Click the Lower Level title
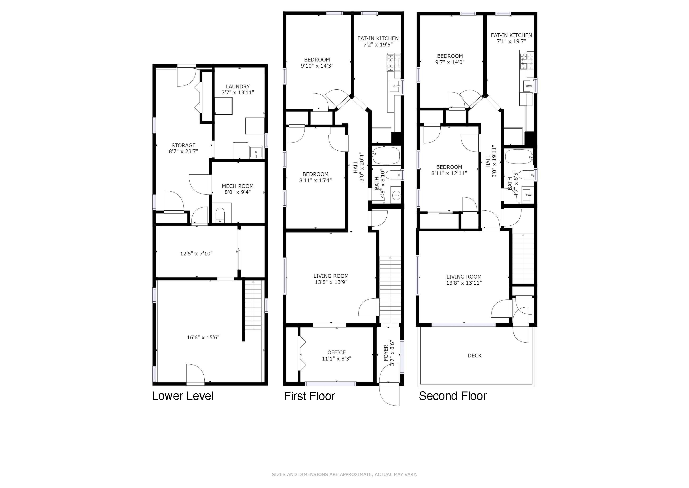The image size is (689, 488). [x=182, y=396]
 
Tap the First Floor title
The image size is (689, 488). [x=309, y=396]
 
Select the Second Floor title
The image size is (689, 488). [x=453, y=396]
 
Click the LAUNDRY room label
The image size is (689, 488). [x=238, y=86]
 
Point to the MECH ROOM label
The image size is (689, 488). [x=238, y=186]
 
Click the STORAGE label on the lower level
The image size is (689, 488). [x=183, y=145]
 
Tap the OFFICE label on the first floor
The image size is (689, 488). [x=336, y=352]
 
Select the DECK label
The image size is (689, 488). [x=474, y=356]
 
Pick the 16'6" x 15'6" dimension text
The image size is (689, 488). [x=203, y=337]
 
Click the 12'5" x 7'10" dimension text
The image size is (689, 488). [x=196, y=254]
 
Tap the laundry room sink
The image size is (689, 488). [x=256, y=152]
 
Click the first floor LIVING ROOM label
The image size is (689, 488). [x=331, y=276]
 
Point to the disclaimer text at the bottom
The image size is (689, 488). [x=344, y=474]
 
